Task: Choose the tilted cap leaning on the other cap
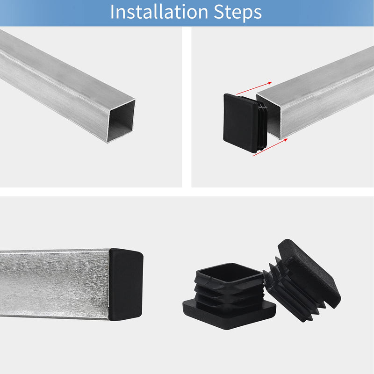point(304,280)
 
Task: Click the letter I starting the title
point(113,13)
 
